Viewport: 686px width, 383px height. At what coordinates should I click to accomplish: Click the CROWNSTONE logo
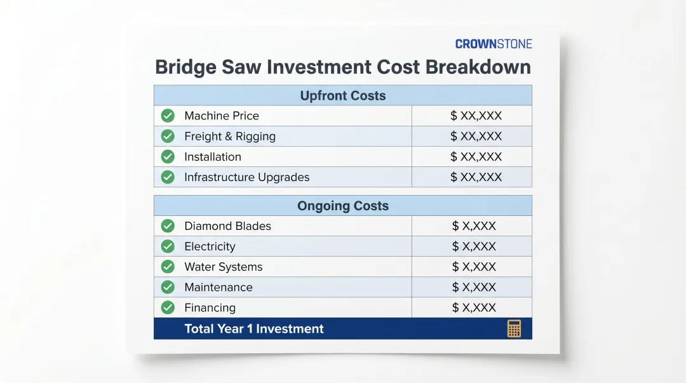coord(494,44)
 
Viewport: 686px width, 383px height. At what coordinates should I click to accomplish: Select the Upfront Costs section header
coord(342,96)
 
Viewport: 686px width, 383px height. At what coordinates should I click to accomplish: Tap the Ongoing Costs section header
coord(342,206)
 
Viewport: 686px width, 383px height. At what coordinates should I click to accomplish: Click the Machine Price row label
coord(221,116)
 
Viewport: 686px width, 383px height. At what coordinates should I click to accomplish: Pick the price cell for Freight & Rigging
coord(476,136)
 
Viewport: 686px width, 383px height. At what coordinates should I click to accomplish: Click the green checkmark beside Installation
coord(168,157)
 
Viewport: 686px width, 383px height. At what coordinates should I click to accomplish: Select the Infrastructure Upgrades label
coord(246,177)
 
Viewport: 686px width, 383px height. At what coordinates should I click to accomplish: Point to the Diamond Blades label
coord(227,226)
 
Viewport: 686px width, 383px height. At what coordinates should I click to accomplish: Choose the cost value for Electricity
coord(474,246)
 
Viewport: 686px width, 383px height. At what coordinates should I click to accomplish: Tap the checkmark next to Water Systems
coord(168,267)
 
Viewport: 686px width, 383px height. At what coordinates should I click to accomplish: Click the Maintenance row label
coord(218,287)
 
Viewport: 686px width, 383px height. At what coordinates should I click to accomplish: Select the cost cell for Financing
coord(474,307)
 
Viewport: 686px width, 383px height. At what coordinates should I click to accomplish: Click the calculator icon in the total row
coord(514,328)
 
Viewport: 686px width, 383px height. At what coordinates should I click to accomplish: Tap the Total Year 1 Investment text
coord(253,329)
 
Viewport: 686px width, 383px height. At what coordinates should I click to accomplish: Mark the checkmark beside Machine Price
coord(168,116)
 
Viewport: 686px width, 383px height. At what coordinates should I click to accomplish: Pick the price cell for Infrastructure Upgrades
coord(476,177)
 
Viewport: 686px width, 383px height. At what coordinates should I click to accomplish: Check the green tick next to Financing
coord(168,307)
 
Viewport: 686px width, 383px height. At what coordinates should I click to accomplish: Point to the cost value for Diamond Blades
coord(474,226)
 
